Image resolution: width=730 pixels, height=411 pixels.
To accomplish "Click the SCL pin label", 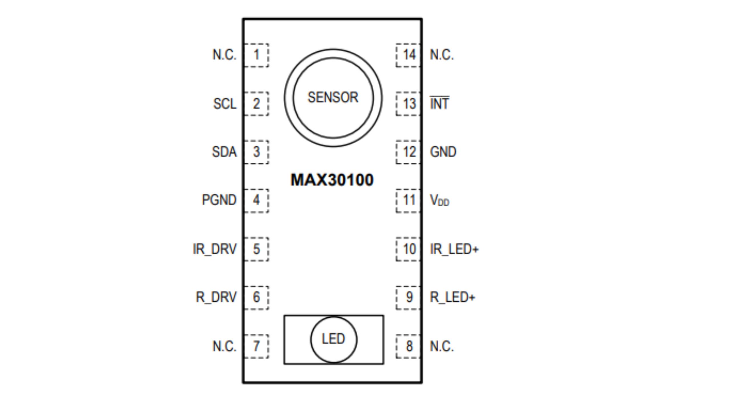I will [x=225, y=104].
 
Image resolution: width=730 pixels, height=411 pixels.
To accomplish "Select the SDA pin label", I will [x=224, y=152].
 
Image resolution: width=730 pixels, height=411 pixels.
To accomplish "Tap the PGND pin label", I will [x=219, y=200].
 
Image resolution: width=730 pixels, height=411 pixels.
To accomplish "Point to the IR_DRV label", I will [x=215, y=249].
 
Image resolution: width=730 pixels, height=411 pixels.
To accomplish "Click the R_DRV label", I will [x=216, y=297].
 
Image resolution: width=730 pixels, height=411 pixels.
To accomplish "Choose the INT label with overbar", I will [x=439, y=103].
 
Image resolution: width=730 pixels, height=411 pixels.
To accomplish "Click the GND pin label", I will [x=443, y=152].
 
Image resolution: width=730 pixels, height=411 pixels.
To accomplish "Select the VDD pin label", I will [x=439, y=200].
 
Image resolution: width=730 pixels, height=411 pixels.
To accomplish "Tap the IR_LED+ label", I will [x=454, y=249].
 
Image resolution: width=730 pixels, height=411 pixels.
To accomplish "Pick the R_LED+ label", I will [x=452, y=297].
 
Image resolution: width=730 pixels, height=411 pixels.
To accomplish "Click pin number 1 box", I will [x=256, y=55].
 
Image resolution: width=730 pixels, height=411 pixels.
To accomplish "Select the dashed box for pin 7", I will [x=256, y=346].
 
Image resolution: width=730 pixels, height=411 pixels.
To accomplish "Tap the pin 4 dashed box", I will [x=256, y=200].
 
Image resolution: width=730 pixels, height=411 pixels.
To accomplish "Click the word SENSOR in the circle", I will [x=333, y=98].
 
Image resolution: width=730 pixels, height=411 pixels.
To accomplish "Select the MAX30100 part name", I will [x=332, y=180].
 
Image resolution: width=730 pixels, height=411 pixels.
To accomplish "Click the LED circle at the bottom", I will [x=333, y=339].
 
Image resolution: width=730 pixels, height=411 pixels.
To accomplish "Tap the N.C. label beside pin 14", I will [x=442, y=55].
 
